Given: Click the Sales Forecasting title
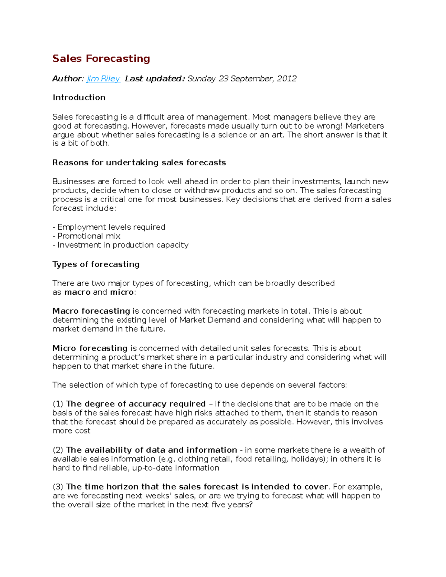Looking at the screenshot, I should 101,58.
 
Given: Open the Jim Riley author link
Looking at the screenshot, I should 103,79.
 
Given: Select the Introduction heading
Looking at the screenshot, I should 79,97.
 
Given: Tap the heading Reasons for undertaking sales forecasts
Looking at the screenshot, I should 139,162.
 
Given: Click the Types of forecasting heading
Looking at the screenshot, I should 96,264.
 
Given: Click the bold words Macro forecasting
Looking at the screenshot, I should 91,311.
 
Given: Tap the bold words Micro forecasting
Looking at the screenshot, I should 90,348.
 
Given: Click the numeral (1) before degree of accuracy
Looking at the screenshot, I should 58,404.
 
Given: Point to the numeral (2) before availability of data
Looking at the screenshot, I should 58,450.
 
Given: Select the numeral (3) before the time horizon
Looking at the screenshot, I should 58,487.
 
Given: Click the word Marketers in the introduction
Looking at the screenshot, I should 365,126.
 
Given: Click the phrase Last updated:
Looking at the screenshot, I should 155,79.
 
